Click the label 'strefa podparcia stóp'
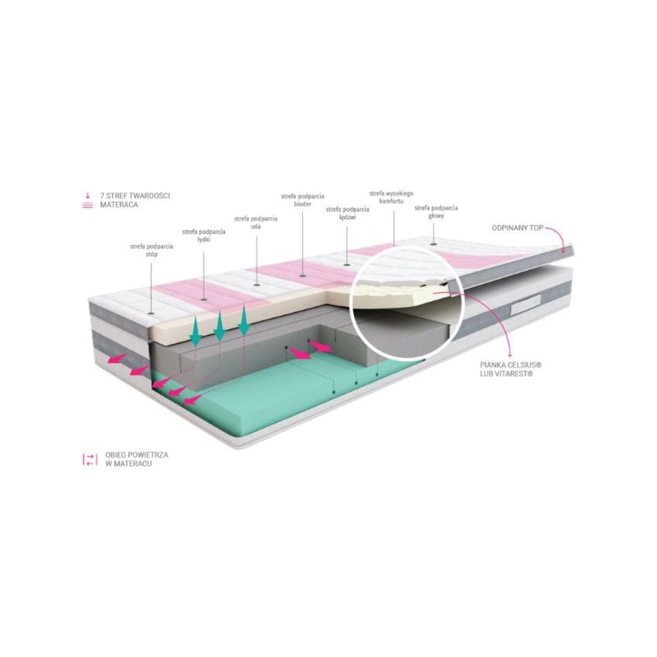pos(151,250)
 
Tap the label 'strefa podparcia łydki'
pos(204,236)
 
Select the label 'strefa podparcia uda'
pos(256,223)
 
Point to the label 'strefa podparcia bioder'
pos(303,200)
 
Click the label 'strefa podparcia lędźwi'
pos(347,213)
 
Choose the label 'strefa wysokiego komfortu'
pos(391,197)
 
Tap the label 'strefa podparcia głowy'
pos(436,211)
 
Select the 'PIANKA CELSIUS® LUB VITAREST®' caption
pos(511,369)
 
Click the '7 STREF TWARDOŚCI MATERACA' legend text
pos(134,200)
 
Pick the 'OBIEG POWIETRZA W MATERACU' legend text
pos(136,459)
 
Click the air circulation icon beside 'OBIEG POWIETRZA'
pos(90,459)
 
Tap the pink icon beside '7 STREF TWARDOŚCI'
pos(88,200)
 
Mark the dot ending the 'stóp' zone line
pos(151,313)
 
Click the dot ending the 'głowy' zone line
pos(433,244)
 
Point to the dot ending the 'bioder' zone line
pos(303,276)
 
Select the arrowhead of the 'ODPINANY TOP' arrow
pos(564,250)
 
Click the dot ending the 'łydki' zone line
pos(204,299)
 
